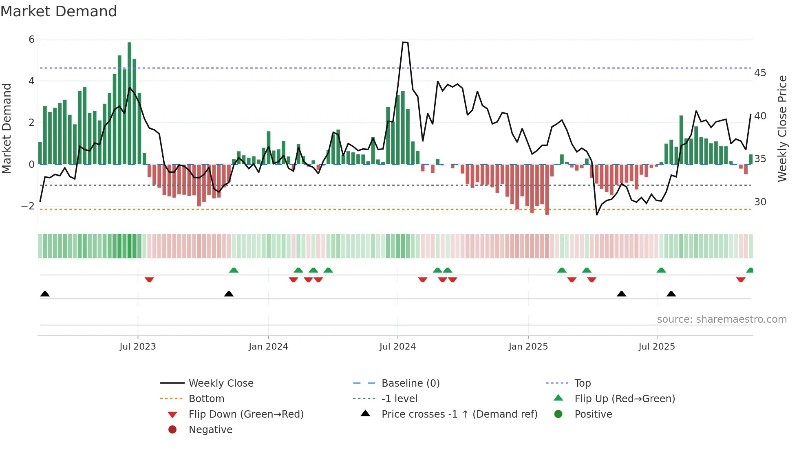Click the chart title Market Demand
(59, 11)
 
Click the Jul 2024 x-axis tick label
(397, 347)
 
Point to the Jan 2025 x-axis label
(528, 347)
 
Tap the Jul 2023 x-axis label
(138, 347)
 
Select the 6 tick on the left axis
(31, 40)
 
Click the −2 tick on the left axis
(28, 206)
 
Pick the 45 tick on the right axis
(760, 73)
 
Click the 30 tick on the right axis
(760, 202)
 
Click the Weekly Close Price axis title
(782, 128)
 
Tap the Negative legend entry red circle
(172, 430)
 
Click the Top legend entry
(583, 383)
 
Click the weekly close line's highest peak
(403, 42)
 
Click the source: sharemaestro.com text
(722, 319)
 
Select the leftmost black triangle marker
(45, 294)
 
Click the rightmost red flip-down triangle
(741, 280)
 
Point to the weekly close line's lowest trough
(597, 214)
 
